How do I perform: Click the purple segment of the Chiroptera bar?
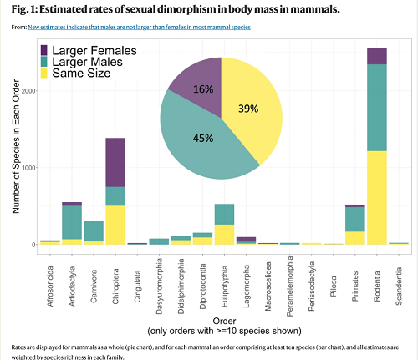115,162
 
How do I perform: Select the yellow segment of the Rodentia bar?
377,198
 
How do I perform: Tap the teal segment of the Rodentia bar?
377,108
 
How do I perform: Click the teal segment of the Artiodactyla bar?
72,222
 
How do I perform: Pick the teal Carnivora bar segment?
94,231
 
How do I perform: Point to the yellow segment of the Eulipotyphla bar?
224,235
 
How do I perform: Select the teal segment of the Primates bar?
355,220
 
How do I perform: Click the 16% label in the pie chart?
203,89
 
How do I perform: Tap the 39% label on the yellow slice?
248,109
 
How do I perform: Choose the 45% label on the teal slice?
203,138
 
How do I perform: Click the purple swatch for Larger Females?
44,50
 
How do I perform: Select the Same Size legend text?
81,74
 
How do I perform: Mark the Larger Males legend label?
88,62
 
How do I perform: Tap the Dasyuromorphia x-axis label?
159,286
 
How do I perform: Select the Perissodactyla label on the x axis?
312,286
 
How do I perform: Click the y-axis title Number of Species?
16,146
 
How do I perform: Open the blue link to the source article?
140,28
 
